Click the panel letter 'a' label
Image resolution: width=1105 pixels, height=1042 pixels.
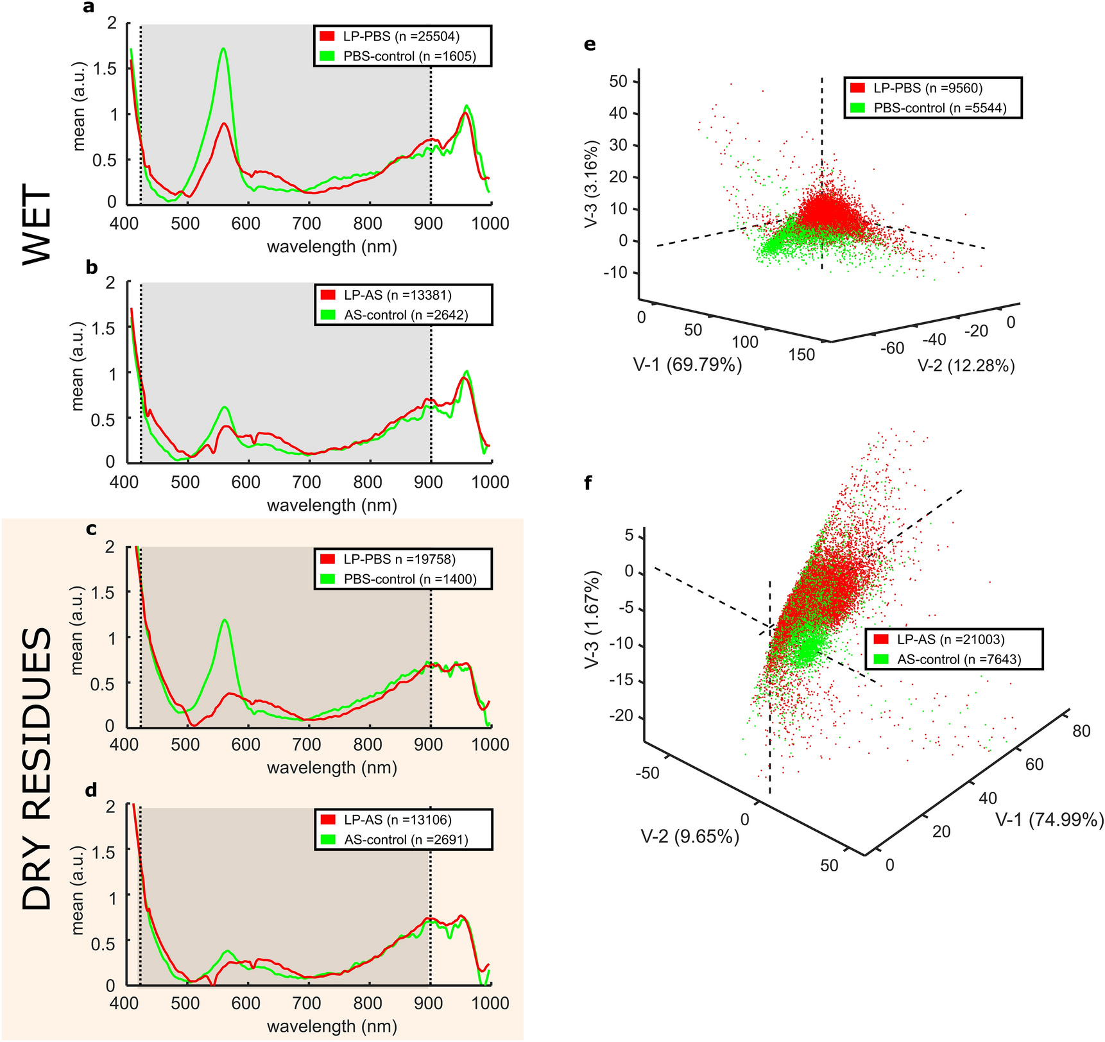[89, 8]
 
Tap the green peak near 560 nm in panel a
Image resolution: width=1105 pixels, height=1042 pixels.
[223, 49]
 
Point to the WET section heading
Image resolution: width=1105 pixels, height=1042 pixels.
[37, 224]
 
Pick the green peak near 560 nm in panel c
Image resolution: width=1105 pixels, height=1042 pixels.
[225, 620]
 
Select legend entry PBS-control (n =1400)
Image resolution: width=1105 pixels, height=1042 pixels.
[409, 579]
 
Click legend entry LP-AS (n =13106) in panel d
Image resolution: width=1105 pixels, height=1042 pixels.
[397, 820]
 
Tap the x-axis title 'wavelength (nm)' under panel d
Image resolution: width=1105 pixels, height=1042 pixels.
[332, 1026]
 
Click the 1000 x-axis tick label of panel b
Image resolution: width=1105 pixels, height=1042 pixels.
[490, 483]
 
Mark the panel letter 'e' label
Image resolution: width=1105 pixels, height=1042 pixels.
[590, 44]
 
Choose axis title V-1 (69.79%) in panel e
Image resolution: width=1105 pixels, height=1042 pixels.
[687, 365]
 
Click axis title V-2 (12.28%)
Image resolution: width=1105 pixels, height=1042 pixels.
[966, 366]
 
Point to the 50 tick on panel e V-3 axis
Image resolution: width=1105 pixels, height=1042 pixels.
[618, 81]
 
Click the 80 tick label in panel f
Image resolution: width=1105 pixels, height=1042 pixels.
[1081, 731]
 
